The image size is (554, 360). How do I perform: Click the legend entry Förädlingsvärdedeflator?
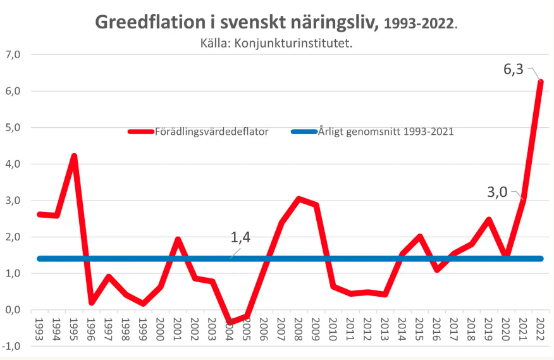pyautogui.click(x=212, y=132)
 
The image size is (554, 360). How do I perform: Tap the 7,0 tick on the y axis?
pyautogui.click(x=13, y=54)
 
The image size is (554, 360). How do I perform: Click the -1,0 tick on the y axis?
pyautogui.click(x=11, y=346)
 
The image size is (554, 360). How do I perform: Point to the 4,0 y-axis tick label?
pyautogui.click(x=13, y=164)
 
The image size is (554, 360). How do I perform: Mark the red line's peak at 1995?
pyautogui.click(x=75, y=156)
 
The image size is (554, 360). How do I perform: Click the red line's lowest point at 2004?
pyautogui.click(x=230, y=322)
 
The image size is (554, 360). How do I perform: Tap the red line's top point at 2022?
pyautogui.click(x=540, y=82)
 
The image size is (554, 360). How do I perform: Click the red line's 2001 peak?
pyautogui.click(x=178, y=240)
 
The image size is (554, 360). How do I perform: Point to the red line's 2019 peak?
pyautogui.click(x=488, y=220)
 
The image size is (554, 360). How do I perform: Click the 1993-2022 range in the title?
pyautogui.click(x=418, y=24)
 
